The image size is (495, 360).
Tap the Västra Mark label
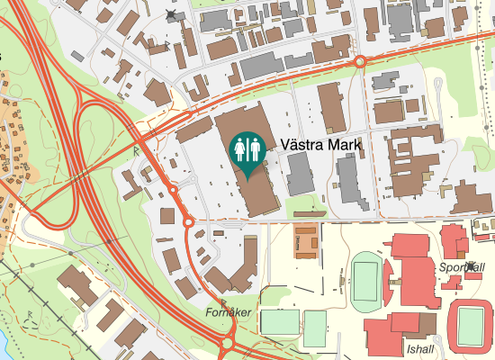321,144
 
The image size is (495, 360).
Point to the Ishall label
420,349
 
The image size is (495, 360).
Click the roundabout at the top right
359,61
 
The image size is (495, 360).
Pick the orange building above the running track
307,239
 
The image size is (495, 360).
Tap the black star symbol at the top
172,15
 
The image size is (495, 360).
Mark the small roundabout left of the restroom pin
172,190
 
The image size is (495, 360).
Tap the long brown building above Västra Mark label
329,108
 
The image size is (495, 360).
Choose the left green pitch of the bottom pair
279,321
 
